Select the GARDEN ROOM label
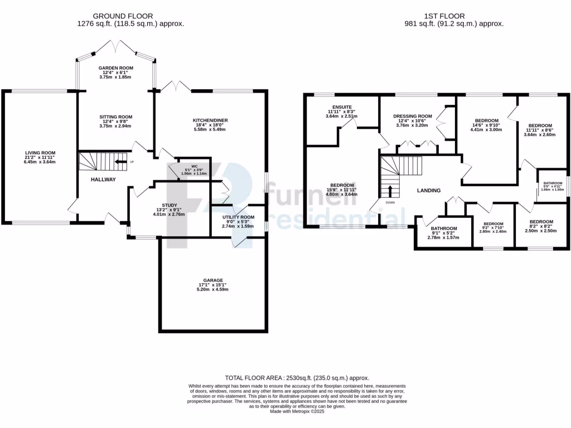116,68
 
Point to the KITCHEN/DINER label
210,120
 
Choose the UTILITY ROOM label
238,217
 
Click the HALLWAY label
103,179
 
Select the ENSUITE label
341,106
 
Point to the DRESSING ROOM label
415,116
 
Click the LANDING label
429,191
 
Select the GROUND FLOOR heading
123,16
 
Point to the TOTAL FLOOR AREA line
297,378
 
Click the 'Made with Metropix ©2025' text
297,411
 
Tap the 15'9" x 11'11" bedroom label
342,186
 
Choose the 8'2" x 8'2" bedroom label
541,221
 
